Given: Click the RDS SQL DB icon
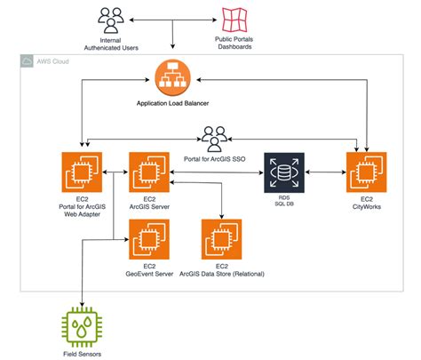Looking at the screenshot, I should [284, 172].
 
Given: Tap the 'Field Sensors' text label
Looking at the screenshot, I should [82, 353].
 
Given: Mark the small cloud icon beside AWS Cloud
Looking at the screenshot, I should [28, 62].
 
